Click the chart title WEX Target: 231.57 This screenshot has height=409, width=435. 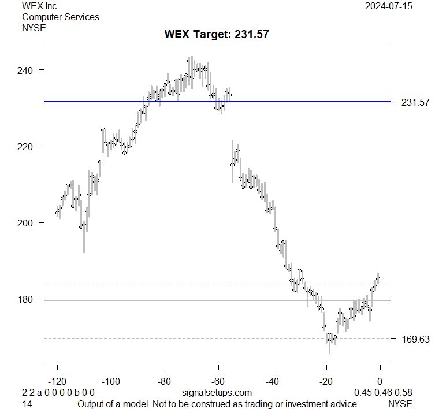click(x=217, y=35)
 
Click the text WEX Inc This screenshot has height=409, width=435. click(x=40, y=6)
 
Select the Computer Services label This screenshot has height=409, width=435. click(x=61, y=17)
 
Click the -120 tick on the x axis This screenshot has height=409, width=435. click(x=57, y=381)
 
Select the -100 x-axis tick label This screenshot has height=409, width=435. click(x=111, y=381)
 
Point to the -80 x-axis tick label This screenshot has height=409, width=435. click(x=165, y=381)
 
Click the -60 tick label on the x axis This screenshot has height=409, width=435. click(x=218, y=381)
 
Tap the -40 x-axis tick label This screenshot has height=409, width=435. click(x=272, y=381)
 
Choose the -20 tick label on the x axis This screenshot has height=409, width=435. click(x=326, y=381)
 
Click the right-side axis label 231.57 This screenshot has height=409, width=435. click(x=415, y=102)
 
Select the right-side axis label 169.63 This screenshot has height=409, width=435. click(x=415, y=339)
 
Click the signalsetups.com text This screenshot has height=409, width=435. click(x=217, y=393)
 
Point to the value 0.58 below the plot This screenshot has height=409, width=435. click(x=404, y=393)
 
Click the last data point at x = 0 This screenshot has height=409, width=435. click(x=378, y=279)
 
